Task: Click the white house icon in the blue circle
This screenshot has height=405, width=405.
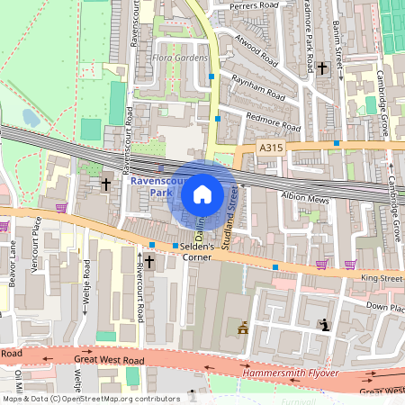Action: (x=202, y=193)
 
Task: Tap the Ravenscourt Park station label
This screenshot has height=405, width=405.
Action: (x=149, y=187)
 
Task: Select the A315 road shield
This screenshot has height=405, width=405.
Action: (x=270, y=148)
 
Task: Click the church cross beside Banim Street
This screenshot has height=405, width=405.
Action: (x=322, y=67)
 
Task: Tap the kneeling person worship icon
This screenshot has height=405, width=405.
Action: (x=324, y=324)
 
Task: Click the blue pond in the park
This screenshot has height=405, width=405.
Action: (x=31, y=117)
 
